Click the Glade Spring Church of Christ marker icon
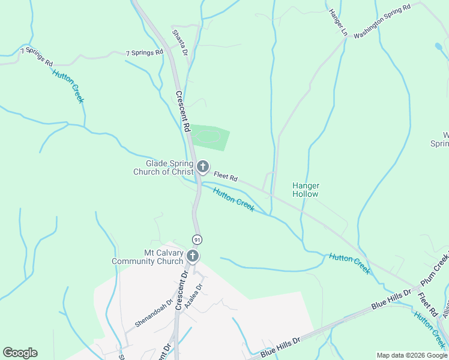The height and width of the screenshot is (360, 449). coord(203,166)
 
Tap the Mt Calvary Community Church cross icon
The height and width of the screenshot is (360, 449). coord(193,256)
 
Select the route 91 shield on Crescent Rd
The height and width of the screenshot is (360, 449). coord(196,239)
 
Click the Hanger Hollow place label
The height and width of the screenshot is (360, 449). coord(305,190)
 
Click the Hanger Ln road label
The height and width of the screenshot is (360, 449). coord(338,22)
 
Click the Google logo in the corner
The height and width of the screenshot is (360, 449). coord(20,353)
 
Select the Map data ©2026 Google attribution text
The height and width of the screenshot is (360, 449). coord(411,355)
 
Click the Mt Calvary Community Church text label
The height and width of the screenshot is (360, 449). coord(148,257)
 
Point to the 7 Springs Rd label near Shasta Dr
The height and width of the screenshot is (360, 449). coord(145,53)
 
